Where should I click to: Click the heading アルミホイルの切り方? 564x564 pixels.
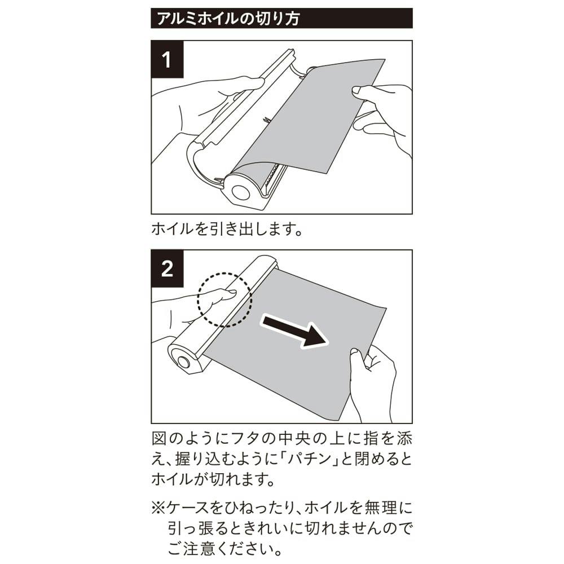coord(228,19)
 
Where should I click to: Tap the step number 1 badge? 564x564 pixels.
coord(168,59)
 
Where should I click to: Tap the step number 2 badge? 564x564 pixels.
coord(168,268)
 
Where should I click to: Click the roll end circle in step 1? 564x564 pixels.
coord(240,192)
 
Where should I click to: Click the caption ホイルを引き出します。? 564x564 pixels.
coord(227,229)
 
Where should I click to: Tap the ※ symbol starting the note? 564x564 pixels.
coord(158,508)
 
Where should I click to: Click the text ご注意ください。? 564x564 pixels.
coord(225,549)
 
